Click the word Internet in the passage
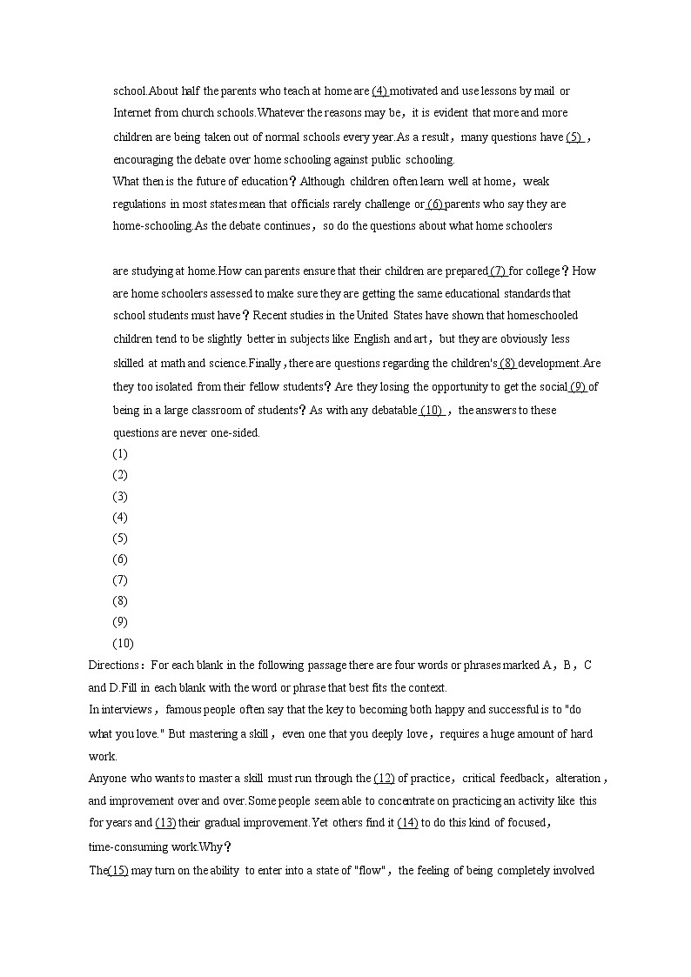point(131,113)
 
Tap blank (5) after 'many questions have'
point(574,137)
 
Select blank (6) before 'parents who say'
point(435,204)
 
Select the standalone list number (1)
point(120,454)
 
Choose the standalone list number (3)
point(120,497)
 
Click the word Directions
point(115,666)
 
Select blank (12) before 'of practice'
point(385,779)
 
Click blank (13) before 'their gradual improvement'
point(165,823)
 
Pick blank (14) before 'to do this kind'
point(408,823)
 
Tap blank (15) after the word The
point(117,871)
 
